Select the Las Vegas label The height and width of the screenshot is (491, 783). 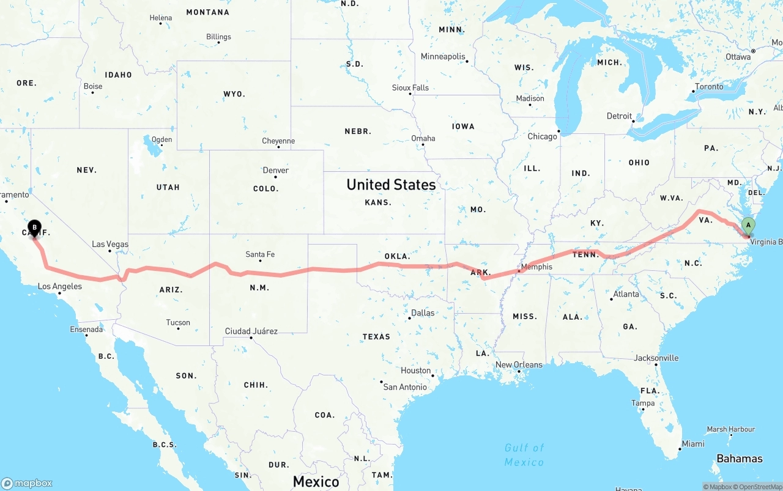point(110,244)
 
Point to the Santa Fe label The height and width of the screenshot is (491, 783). point(260,254)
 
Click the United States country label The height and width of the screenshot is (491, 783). point(391,184)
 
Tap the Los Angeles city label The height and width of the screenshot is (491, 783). point(59,286)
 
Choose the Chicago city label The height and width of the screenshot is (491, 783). point(542,136)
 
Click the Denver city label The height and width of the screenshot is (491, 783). point(275,170)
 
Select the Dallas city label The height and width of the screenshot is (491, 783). point(423,312)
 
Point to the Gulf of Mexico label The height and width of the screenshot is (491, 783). point(524,455)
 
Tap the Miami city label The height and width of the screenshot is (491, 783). point(693,443)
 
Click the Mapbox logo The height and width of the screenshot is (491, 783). point(27,483)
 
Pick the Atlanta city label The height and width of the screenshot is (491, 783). point(626,294)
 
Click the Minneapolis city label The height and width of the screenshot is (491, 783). point(443,56)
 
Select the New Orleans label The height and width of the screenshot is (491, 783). point(519,364)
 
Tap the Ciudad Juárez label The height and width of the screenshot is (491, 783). point(251,331)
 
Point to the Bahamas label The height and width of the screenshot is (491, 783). point(740,459)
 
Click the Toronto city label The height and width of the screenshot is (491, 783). point(709,86)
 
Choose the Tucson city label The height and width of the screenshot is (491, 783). point(178,322)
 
